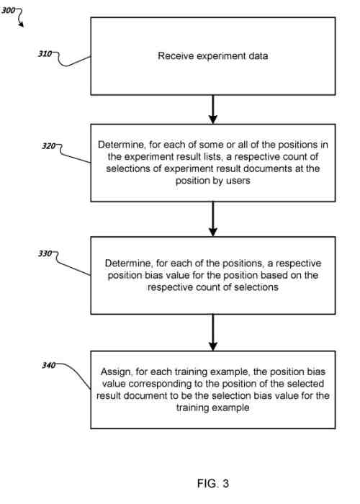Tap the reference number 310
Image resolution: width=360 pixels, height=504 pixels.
45,54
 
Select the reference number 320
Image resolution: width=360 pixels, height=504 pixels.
48,146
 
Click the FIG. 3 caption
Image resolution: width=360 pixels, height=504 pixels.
212,484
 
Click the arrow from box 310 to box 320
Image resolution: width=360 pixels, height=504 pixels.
212,109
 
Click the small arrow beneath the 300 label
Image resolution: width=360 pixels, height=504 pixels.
22,22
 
